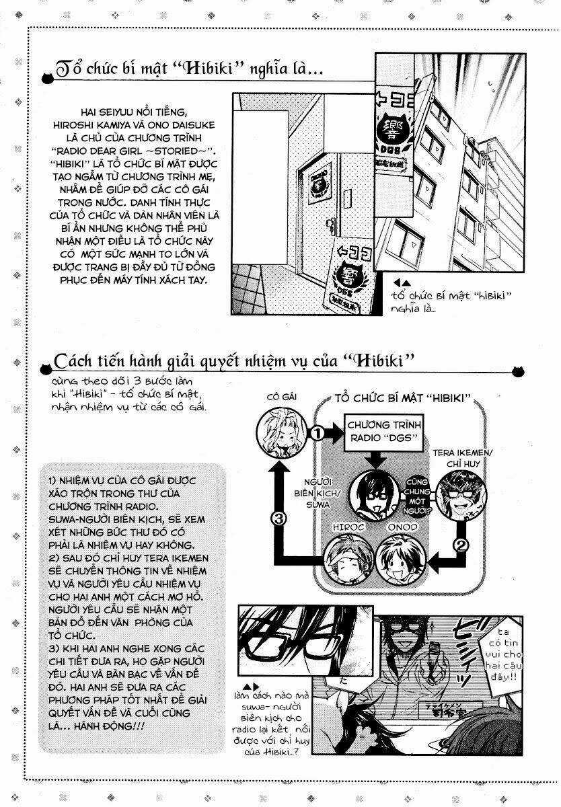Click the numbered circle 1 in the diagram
[318, 434]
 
